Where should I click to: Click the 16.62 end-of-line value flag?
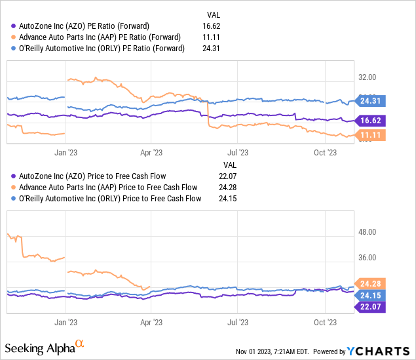pyautogui.click(x=371, y=120)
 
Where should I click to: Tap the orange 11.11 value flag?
pyautogui.click(x=371, y=134)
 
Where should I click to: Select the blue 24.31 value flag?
pyautogui.click(x=371, y=101)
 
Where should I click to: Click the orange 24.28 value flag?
pyautogui.click(x=371, y=283)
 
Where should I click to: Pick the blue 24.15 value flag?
pyautogui.click(x=371, y=295)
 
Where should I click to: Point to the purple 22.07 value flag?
pyautogui.click(x=371, y=306)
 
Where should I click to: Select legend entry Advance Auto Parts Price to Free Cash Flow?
pyautogui.click(x=108, y=188)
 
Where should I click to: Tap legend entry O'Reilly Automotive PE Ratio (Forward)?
pyautogui.click(x=102, y=48)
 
